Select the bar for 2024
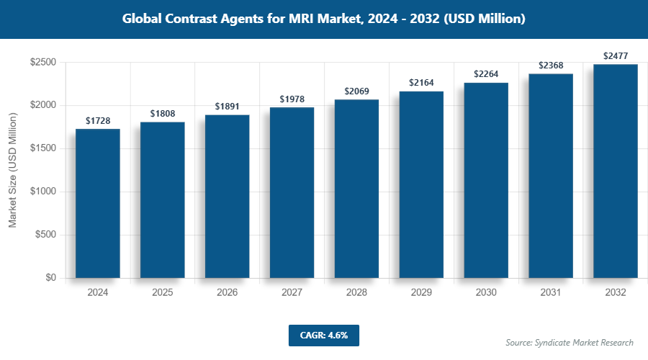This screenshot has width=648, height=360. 97,204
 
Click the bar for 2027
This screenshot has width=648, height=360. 292,193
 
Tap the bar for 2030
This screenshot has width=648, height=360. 486,181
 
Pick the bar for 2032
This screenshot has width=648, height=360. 616,171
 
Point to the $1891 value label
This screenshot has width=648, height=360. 227,107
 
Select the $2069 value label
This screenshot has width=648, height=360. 356,91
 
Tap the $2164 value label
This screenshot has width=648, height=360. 421,83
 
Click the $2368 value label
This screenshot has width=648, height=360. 551,66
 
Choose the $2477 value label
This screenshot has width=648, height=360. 616,56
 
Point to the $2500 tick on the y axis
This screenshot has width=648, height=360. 43,63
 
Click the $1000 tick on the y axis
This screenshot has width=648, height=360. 43,192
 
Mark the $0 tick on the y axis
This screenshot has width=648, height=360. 51,278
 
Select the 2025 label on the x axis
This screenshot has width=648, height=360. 162,293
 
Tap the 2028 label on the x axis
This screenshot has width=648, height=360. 356,293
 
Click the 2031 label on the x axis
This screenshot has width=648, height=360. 551,293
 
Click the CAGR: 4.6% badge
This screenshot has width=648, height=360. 323,335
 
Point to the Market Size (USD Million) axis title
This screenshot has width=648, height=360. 12,171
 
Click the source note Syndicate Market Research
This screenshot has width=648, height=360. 569,342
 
